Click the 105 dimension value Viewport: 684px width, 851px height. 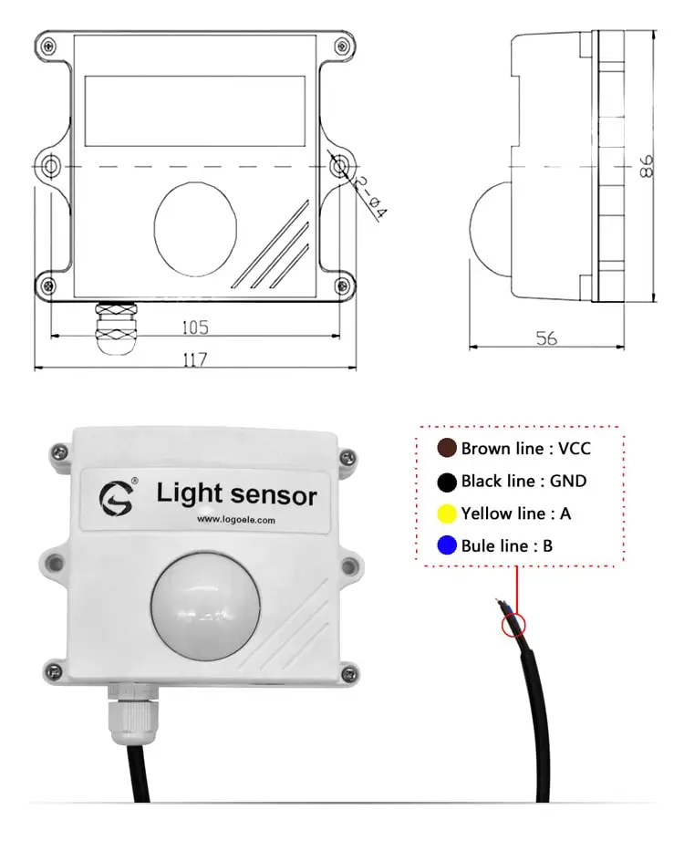pyautogui.click(x=195, y=327)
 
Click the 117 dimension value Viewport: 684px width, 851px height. pyautogui.click(x=195, y=359)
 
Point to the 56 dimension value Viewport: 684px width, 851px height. pyautogui.click(x=546, y=337)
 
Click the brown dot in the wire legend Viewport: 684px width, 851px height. pyautogui.click(x=447, y=448)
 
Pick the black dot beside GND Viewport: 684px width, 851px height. pyautogui.click(x=447, y=481)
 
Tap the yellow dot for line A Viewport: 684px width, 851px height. pyautogui.click(x=447, y=514)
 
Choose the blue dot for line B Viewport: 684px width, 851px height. pyautogui.click(x=447, y=546)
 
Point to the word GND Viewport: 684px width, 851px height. pyautogui.click(x=566, y=481)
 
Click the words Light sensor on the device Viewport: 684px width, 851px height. pyautogui.click(x=236, y=494)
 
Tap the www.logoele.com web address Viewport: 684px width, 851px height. pyautogui.click(x=236, y=521)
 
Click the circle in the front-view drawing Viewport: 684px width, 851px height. pyautogui.click(x=195, y=220)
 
